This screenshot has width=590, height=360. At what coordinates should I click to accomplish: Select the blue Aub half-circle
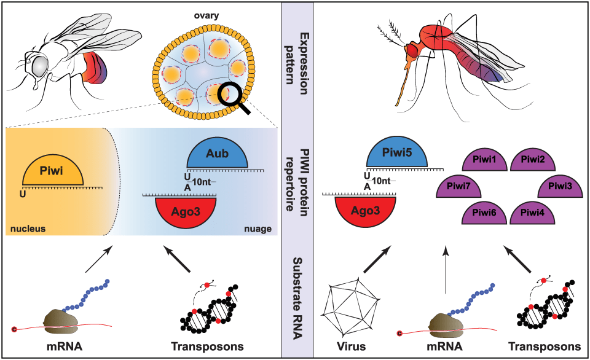click(218, 154)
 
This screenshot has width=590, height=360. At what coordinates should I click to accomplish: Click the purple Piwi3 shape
click(560, 186)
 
